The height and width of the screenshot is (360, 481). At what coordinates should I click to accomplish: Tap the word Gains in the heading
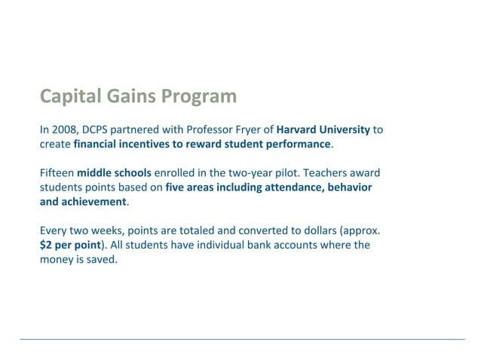pyautogui.click(x=131, y=96)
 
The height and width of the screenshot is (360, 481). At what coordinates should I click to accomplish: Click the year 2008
pyautogui.click(x=65, y=130)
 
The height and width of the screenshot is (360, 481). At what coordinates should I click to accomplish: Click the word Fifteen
pyautogui.click(x=57, y=173)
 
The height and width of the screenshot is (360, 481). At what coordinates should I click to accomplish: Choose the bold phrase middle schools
pyautogui.click(x=114, y=173)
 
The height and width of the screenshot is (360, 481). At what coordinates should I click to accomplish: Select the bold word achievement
pyautogui.click(x=93, y=201)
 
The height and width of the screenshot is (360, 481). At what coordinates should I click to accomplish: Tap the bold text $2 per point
pyautogui.click(x=70, y=245)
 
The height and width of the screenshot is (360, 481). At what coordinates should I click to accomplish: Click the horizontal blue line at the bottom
pyautogui.click(x=241, y=339)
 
